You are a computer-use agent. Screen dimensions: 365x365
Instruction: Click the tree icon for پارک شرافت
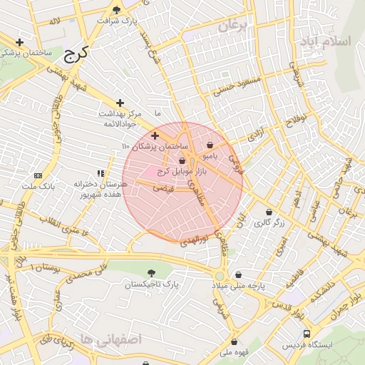point(117,10)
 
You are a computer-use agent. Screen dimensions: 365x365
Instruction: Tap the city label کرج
point(74,54)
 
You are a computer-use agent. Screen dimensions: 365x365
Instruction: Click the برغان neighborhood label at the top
point(232,27)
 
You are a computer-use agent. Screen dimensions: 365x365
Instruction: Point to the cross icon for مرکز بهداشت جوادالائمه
point(120,103)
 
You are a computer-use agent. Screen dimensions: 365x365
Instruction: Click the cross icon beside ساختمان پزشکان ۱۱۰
point(155,135)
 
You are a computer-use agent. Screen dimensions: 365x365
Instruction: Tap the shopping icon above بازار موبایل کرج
point(182,161)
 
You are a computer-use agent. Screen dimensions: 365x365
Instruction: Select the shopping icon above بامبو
point(209,144)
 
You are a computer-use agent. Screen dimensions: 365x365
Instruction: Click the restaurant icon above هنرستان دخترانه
point(101,173)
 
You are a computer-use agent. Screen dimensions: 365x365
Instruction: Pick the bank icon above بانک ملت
point(38,175)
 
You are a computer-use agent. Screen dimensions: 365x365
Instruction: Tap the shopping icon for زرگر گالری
point(269,212)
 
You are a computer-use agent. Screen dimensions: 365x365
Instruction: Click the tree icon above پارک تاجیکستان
point(150,273)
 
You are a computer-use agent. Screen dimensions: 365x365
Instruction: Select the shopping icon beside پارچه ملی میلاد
point(238,274)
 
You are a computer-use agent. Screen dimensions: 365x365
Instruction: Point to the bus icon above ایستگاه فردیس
point(307,334)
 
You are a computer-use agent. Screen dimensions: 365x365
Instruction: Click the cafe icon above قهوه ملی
point(235,341)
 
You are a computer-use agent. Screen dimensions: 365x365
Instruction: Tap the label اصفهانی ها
point(112,339)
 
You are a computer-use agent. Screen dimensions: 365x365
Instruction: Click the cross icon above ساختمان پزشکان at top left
point(19,42)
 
